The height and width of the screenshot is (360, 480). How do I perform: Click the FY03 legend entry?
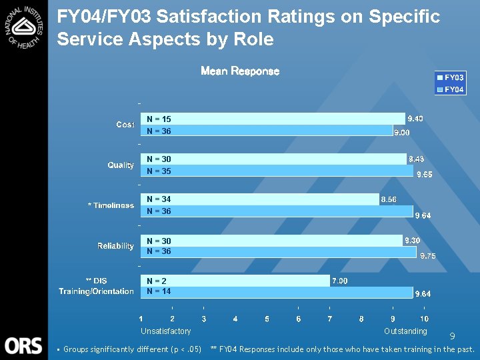click(451, 78)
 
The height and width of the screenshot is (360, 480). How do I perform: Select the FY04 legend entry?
click(451, 89)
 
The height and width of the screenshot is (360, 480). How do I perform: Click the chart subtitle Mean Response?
click(240, 71)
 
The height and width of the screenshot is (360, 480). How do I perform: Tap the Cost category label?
click(125, 125)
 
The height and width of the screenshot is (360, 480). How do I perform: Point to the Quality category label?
click(121, 165)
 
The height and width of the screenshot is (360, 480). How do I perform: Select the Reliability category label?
click(115, 246)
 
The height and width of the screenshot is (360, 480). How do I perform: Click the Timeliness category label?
click(111, 205)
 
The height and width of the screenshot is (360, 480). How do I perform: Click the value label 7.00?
click(339, 281)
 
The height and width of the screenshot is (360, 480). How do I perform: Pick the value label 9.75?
click(427, 255)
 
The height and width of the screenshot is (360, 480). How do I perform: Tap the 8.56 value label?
click(389, 199)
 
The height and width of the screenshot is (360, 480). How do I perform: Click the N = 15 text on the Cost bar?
click(159, 119)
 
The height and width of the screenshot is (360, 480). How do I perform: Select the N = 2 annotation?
click(157, 281)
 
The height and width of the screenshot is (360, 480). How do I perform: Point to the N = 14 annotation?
click(159, 291)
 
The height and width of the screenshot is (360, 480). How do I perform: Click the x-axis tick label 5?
click(267, 319)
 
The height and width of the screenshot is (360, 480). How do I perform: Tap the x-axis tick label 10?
click(424, 319)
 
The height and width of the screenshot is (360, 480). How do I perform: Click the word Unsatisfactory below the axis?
click(165, 331)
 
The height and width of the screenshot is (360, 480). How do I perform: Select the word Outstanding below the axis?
click(405, 331)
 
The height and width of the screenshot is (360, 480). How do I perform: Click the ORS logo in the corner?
click(23, 345)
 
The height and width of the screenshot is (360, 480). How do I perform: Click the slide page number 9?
click(451, 337)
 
